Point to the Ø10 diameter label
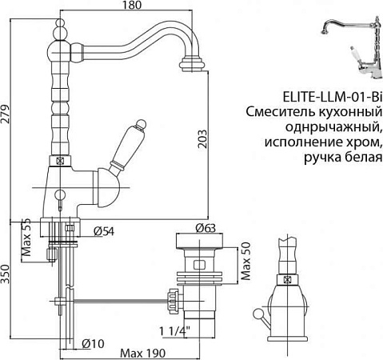(x=94, y=345)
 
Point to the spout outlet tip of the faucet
(x=195, y=62)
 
